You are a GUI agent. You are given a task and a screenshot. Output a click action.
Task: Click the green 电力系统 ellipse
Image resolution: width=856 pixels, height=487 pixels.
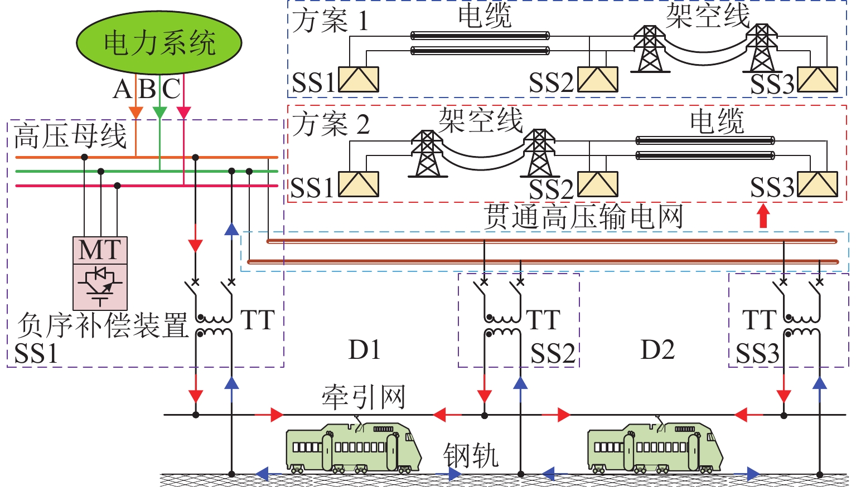[159, 43]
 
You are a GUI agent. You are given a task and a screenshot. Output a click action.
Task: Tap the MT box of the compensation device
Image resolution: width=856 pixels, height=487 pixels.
[100, 250]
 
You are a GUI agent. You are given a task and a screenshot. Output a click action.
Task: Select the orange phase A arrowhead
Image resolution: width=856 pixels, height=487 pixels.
[136, 113]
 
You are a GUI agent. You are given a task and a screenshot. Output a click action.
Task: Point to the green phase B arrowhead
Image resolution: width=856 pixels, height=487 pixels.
[159, 113]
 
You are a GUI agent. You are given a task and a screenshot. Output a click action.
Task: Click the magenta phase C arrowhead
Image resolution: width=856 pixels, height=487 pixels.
[183, 113]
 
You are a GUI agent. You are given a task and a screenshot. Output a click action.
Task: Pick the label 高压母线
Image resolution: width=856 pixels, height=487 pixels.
[70, 136]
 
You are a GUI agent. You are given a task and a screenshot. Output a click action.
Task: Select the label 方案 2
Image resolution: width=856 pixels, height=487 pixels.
[331, 124]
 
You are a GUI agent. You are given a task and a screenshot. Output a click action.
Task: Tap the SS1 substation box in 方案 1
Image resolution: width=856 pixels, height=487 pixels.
[359, 80]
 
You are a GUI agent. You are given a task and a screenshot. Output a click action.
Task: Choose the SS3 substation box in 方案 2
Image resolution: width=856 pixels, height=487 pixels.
[818, 184]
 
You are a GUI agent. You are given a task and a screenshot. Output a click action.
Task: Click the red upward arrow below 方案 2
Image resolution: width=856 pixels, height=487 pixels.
[763, 216]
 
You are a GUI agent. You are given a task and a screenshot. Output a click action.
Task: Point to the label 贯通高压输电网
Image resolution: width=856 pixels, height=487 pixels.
[583, 216]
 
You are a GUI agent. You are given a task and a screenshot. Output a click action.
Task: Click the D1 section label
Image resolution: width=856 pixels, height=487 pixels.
[365, 350]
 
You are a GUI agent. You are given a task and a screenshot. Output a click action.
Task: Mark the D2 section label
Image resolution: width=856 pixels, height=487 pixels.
[658, 350]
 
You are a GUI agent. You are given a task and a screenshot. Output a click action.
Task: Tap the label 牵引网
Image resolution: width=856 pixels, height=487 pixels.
[363, 397]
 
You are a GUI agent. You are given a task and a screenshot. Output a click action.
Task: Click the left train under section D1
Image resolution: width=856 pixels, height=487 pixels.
[352, 448]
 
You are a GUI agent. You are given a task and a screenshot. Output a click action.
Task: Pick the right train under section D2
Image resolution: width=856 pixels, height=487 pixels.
[654, 448]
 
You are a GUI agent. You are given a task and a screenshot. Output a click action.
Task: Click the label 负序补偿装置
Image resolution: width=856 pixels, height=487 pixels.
[103, 325]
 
